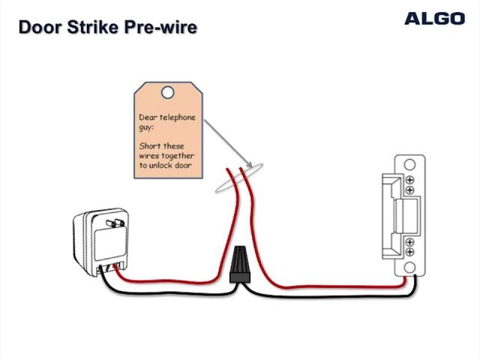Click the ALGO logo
[x=435, y=19]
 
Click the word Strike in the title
[x=92, y=28]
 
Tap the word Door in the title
[x=37, y=28]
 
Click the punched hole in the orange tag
[x=168, y=92]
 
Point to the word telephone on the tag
[x=176, y=118]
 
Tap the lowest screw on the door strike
[x=410, y=253]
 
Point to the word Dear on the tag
[x=148, y=118]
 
